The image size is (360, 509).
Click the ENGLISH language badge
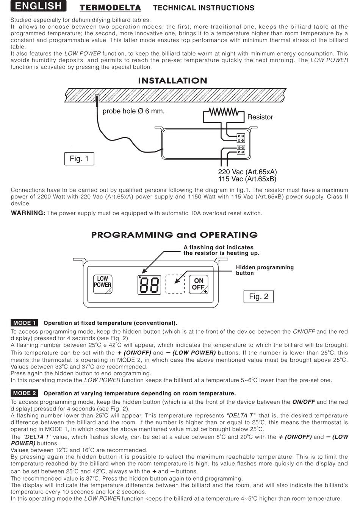38,6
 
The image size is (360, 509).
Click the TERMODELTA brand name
110,8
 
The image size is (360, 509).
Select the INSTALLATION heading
172,81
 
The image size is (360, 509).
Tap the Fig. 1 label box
79,159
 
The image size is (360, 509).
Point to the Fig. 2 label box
258,297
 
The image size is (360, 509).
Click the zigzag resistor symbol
224,112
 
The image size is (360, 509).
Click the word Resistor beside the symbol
260,117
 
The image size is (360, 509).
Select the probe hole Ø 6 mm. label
133,111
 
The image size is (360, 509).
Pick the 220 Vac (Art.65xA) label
247,172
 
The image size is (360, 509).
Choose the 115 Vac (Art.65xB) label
247,179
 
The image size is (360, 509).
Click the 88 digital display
149,285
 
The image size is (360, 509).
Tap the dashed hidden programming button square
175,284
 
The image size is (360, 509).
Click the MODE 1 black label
24,323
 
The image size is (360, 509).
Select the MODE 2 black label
24,393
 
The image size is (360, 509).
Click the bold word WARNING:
28,213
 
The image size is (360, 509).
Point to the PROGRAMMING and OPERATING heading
174,235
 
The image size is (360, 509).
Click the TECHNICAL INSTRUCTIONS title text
203,8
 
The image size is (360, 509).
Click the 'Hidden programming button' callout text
265,270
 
